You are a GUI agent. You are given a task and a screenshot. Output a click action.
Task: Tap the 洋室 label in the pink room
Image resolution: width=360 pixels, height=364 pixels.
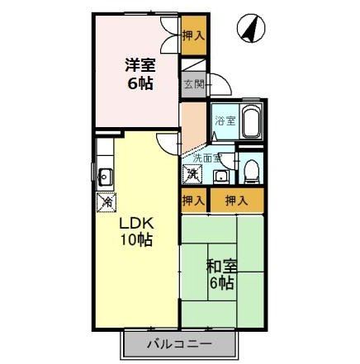tap(139, 64)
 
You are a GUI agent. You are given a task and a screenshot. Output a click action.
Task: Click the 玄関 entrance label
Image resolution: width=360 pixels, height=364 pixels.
tap(193, 83)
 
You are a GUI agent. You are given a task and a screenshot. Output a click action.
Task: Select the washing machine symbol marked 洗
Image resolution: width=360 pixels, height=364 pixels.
tap(192, 173)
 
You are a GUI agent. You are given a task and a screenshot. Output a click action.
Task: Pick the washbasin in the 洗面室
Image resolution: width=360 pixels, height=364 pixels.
tap(220, 175)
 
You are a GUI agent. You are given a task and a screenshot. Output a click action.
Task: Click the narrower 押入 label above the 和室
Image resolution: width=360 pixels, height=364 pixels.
tap(192, 200)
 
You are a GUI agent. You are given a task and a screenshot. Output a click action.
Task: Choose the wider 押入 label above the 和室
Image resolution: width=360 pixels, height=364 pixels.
tap(236, 200)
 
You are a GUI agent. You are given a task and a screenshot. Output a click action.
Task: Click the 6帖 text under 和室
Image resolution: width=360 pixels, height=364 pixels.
tap(220, 283)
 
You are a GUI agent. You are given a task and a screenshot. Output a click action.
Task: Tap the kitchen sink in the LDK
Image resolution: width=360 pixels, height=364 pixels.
tap(104, 175)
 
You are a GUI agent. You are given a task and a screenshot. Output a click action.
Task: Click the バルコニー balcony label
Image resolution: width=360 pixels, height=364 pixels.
tap(180, 343)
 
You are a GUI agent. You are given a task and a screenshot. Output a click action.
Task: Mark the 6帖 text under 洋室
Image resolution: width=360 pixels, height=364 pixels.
tap(139, 83)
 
